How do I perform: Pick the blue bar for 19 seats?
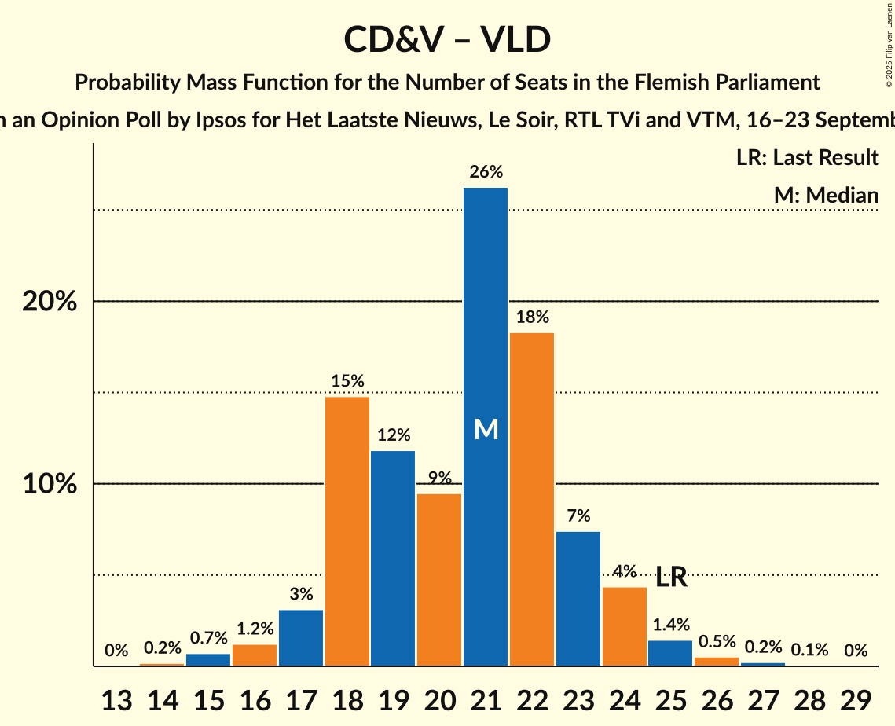point(393,558)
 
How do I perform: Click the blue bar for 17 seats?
point(301,637)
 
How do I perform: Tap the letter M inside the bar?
point(486,430)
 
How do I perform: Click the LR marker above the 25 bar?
point(672,578)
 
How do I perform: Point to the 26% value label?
point(486,172)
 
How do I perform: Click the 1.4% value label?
point(671,625)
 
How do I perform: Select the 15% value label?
point(347,381)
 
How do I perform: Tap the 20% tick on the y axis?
point(50,302)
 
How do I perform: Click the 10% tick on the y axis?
point(50,484)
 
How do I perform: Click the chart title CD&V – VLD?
point(447,39)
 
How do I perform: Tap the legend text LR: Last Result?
point(808,158)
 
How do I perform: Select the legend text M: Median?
point(826,195)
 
